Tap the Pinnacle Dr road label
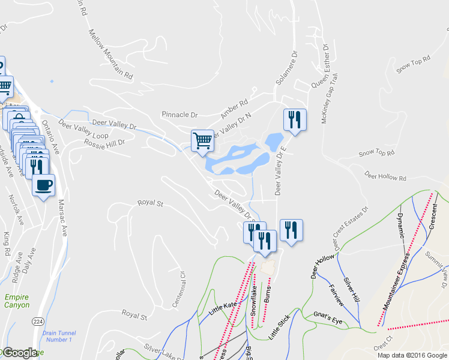[179, 114]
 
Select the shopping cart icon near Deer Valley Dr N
[202, 140]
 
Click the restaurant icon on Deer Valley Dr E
[294, 119]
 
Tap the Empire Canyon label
[16, 301]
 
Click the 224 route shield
[38, 322]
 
